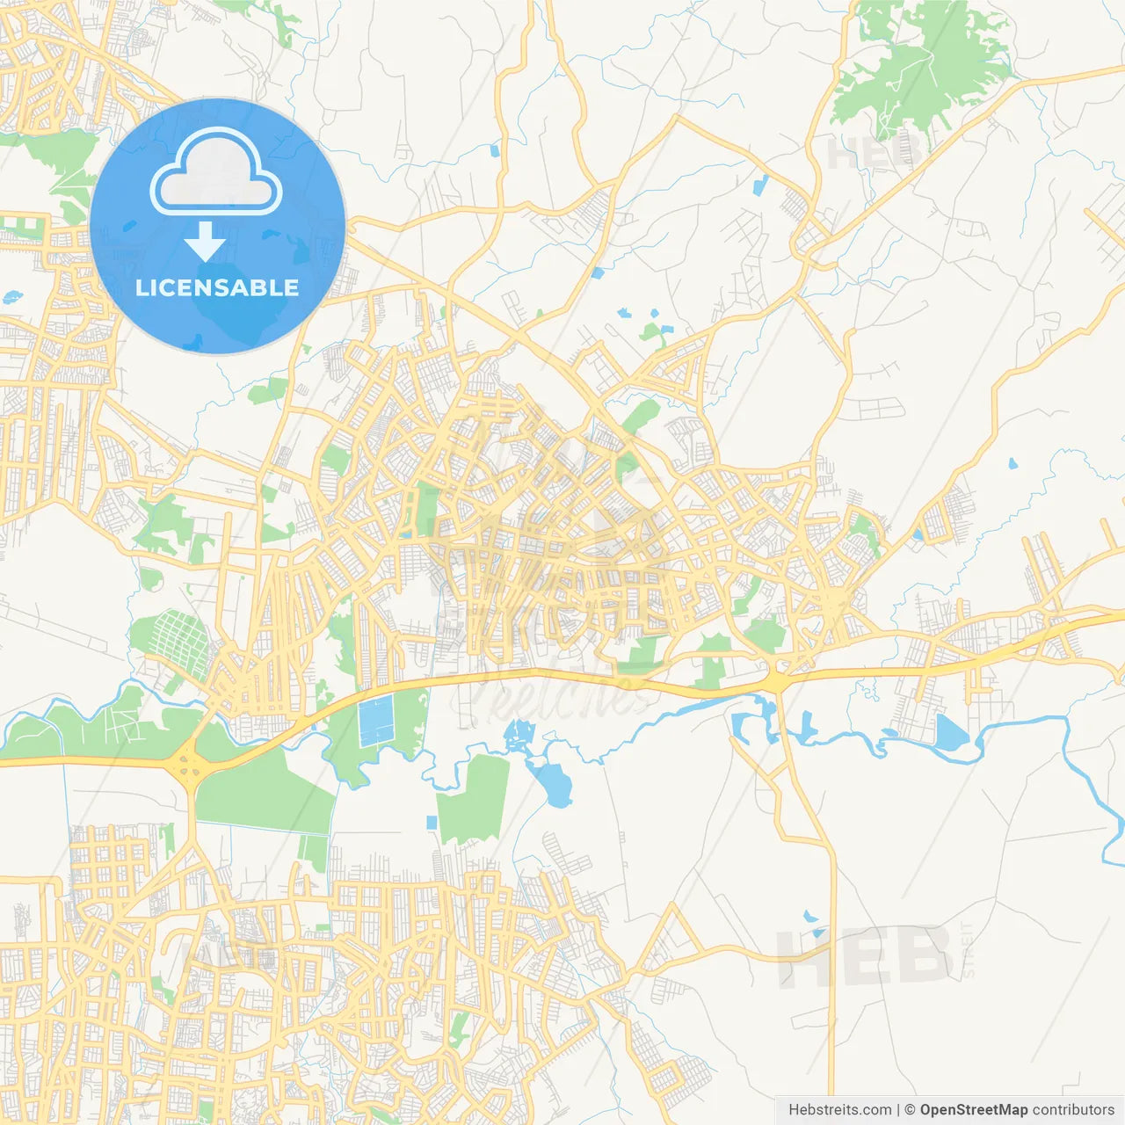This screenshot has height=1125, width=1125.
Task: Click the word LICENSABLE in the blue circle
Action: [217, 288]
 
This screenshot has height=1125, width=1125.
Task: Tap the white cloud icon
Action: [216, 172]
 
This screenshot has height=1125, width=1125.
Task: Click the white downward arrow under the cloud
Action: [205, 241]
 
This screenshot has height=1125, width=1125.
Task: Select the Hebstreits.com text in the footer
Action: [839, 1110]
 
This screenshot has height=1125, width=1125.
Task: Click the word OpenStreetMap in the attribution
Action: [973, 1110]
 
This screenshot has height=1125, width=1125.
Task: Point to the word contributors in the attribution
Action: [1073, 1110]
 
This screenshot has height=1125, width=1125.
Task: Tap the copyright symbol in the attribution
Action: [910, 1110]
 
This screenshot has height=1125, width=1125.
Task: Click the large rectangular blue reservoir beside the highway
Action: [375, 720]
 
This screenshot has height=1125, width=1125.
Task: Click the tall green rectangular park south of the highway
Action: [474, 799]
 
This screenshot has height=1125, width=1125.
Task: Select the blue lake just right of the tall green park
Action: [550, 783]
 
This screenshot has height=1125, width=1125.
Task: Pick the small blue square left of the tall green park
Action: [432, 823]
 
